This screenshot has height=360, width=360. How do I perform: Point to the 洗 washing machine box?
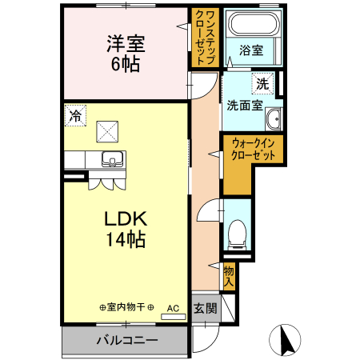point(262,82)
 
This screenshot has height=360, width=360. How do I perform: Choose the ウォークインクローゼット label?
point(254,149)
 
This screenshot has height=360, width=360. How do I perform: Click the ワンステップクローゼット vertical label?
point(205,38)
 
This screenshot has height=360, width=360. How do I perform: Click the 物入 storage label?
point(229,275)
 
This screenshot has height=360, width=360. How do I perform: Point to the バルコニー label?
point(127,339)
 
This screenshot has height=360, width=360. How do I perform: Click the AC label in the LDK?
point(174,307)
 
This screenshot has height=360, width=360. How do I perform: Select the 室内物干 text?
point(127,307)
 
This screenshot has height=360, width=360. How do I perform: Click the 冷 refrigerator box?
point(75,116)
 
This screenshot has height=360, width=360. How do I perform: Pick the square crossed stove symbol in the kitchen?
point(106,130)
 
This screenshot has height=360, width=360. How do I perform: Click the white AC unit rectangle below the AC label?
point(174,317)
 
